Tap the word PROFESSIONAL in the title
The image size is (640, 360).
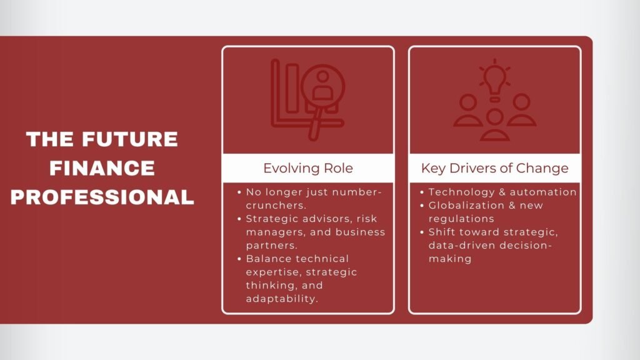102,197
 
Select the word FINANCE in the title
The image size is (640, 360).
102,168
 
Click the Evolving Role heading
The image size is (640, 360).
307,168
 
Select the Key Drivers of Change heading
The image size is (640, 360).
494,168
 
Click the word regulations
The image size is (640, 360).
461,219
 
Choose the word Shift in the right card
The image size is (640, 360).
443,232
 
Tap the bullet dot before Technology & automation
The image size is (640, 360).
422,192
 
